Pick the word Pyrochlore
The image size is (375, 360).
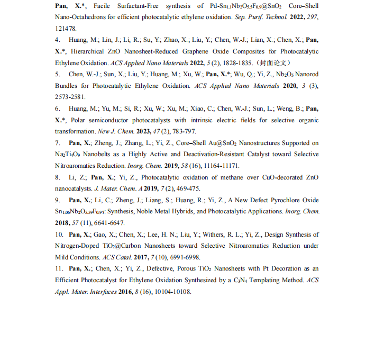point(282,200)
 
